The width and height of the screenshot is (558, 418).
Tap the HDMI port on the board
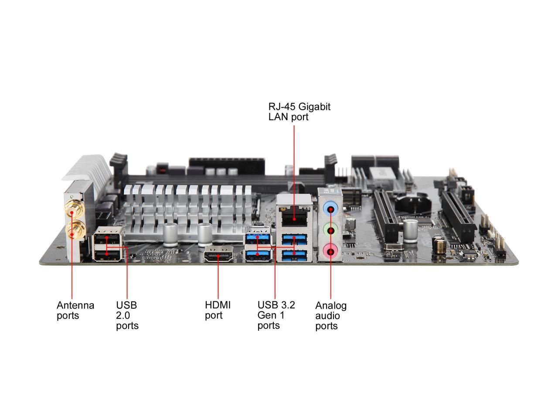(218, 256)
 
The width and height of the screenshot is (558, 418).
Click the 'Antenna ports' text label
(75, 310)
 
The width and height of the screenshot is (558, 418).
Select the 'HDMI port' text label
(218, 310)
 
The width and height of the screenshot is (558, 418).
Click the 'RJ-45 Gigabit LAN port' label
(299, 112)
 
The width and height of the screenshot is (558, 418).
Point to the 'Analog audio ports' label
(331, 316)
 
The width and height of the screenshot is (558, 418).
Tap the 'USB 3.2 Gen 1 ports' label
(276, 315)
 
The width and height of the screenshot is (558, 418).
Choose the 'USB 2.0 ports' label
(127, 315)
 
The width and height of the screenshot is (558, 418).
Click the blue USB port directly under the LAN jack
(294, 239)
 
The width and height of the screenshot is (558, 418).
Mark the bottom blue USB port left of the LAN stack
(258, 256)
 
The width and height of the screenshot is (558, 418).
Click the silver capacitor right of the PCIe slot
(410, 231)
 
